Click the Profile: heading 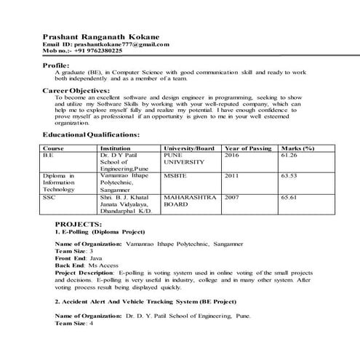click(57, 66)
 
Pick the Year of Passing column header click(248, 148)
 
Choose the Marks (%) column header click(298, 148)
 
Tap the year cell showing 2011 click(231, 176)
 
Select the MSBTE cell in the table click(175, 176)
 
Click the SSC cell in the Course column click(49, 196)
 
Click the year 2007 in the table click(231, 196)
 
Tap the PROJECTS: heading click(78, 224)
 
